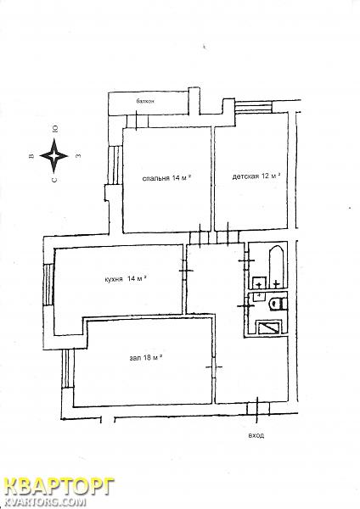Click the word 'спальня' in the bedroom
pos(156,178)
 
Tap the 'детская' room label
pos(245,176)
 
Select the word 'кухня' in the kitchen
pos(114,279)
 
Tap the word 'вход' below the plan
pos(256,436)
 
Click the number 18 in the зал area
pos(147,358)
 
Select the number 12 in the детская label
pos(265,176)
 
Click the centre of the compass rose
pos(54,156)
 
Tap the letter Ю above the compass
pos(55,129)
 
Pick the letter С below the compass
pos(54,179)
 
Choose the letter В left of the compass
pos(31,156)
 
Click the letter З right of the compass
pos(77,156)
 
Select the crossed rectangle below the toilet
pos(268,327)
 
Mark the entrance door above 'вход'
pos(257,408)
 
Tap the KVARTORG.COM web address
pos(45,503)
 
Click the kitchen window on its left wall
pos(48,284)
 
